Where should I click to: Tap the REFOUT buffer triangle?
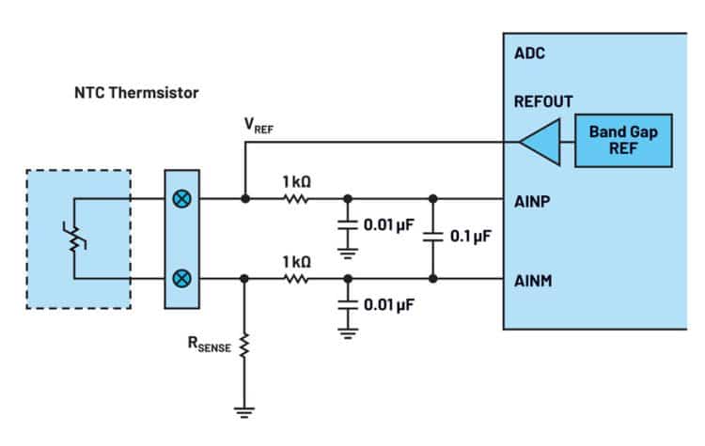coord(538,143)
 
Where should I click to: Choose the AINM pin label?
coord(534,279)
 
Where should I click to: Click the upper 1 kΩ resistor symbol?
coord(297,199)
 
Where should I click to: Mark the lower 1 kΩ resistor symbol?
coord(297,279)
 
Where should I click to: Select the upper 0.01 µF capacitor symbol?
coord(348,225)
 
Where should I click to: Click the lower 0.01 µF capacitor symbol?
coord(348,305)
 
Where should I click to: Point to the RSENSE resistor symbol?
coord(244,348)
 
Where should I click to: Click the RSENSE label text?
coord(209,346)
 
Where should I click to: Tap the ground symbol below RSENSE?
coord(244,409)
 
